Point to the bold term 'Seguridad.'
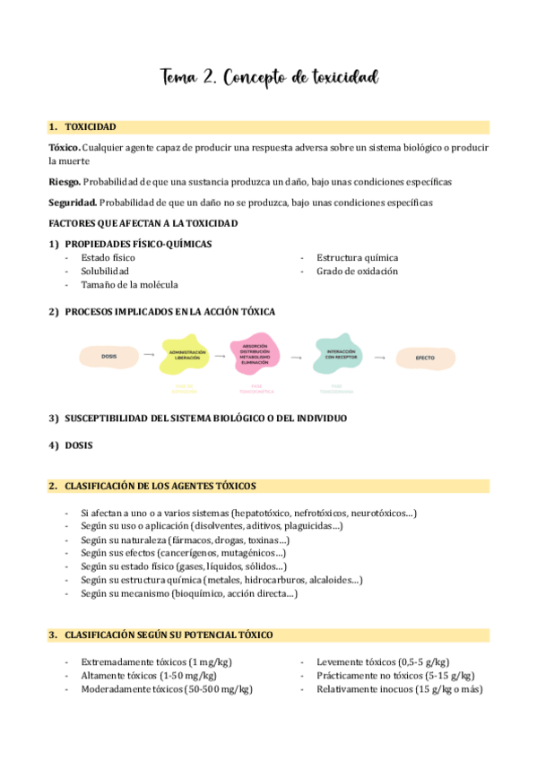tap(72, 202)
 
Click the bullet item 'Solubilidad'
tap(105, 271)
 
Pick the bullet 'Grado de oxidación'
tap(357, 271)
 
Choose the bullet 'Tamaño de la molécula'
tap(129, 284)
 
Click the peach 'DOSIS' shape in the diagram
tap(109, 357)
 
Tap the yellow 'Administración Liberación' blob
tap(187, 355)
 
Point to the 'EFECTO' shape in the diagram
tap(424, 358)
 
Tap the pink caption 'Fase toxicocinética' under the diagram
tap(256, 391)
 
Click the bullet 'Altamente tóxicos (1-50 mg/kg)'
tap(149, 675)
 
